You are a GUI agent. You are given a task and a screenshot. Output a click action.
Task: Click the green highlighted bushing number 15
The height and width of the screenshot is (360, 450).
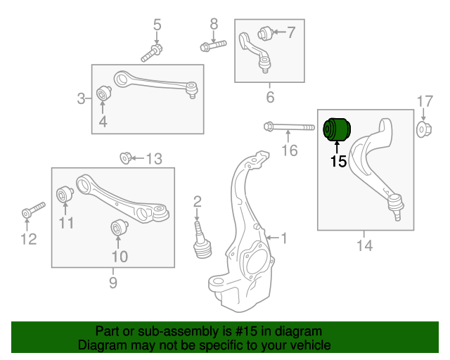[x=336, y=129]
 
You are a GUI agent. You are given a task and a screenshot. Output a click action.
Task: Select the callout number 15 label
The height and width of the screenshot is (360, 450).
[x=338, y=161]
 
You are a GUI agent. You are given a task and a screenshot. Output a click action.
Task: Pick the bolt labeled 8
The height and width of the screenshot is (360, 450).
[x=213, y=46]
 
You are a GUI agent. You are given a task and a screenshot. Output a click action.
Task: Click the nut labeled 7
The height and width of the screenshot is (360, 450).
[x=264, y=32]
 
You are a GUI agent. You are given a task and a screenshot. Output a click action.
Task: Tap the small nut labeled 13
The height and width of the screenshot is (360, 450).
[x=125, y=157]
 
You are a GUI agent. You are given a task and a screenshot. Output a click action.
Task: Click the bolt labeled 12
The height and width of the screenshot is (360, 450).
[x=31, y=210]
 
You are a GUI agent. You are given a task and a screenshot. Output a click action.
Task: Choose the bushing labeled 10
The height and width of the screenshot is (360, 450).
[x=118, y=228]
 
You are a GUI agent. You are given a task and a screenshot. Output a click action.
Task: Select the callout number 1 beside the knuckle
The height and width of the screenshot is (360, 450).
[x=284, y=238]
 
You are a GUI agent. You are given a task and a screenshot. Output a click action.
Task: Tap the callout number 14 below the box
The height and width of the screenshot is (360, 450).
[x=364, y=245]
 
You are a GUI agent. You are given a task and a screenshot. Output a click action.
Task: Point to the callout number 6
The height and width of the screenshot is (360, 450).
[x=269, y=97]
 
